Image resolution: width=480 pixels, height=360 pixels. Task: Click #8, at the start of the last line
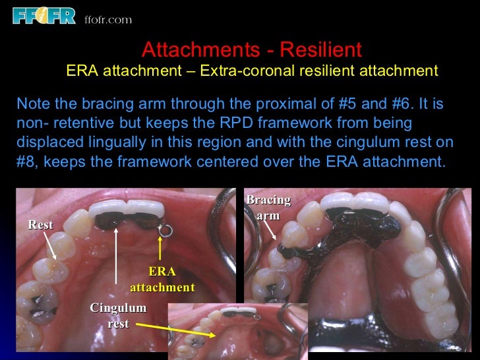coord(25,162)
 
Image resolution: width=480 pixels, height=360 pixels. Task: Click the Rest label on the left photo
coord(40,225)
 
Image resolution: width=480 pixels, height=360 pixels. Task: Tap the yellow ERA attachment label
coord(162,280)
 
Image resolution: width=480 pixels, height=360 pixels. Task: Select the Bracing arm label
coord(268,208)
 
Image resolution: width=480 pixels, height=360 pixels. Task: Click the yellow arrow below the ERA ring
coord(160,250)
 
